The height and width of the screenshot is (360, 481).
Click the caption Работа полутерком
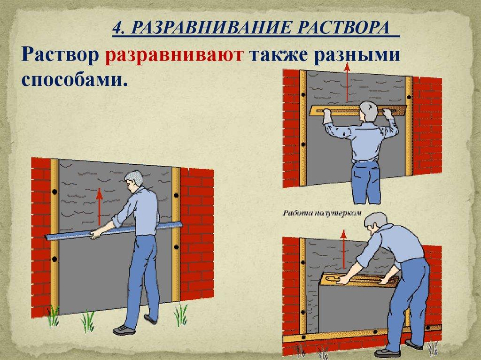pyautogui.click(x=322, y=213)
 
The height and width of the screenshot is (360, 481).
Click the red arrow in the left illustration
pyautogui.click(x=99, y=204)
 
